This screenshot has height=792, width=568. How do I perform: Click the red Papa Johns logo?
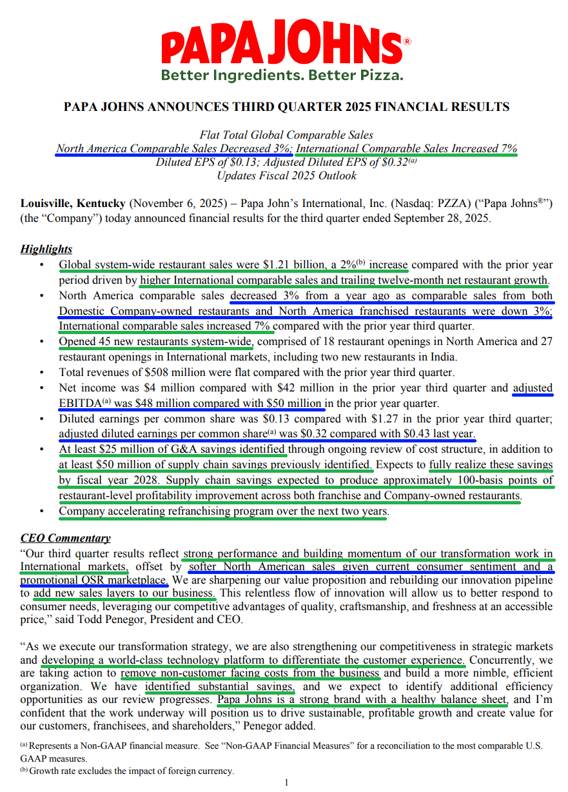point(282,44)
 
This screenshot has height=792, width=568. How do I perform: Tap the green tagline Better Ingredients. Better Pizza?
point(282,75)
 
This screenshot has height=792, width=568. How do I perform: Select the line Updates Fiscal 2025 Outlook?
point(286,175)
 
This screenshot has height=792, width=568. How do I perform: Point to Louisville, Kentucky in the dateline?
point(73,204)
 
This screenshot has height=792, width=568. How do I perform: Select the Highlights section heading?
point(46,249)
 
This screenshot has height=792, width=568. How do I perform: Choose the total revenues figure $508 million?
point(162,372)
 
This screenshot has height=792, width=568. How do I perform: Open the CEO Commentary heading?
point(65,538)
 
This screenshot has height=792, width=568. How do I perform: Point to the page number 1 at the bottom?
point(286,782)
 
